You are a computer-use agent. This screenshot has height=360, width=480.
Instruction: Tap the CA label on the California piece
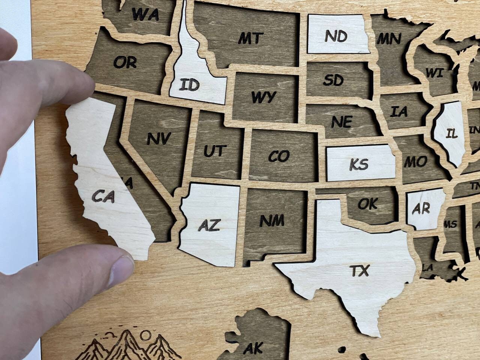[x=103, y=196]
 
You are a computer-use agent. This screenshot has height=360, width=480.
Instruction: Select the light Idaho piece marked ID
[x=189, y=85]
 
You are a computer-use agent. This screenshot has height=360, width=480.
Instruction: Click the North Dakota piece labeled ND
[x=336, y=36]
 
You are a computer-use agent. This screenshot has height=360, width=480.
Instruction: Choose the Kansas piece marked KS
[x=359, y=164]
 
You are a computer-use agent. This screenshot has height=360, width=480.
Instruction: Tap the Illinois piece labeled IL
[x=451, y=133]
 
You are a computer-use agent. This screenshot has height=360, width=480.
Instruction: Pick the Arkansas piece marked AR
[x=421, y=208]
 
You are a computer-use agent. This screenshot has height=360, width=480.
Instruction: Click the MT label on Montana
[x=250, y=38]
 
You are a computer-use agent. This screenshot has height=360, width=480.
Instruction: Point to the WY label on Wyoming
[x=263, y=97]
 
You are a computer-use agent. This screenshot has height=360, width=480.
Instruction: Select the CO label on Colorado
[x=279, y=156]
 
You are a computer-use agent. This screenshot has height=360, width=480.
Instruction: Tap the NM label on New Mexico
[x=272, y=220]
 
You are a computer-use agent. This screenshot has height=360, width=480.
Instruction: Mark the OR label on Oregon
[x=125, y=62]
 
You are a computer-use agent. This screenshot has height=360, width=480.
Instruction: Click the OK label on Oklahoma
[x=367, y=204]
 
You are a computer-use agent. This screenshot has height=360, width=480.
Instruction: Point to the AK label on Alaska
[x=253, y=348]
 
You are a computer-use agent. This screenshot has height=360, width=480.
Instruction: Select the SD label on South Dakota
[x=333, y=79]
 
